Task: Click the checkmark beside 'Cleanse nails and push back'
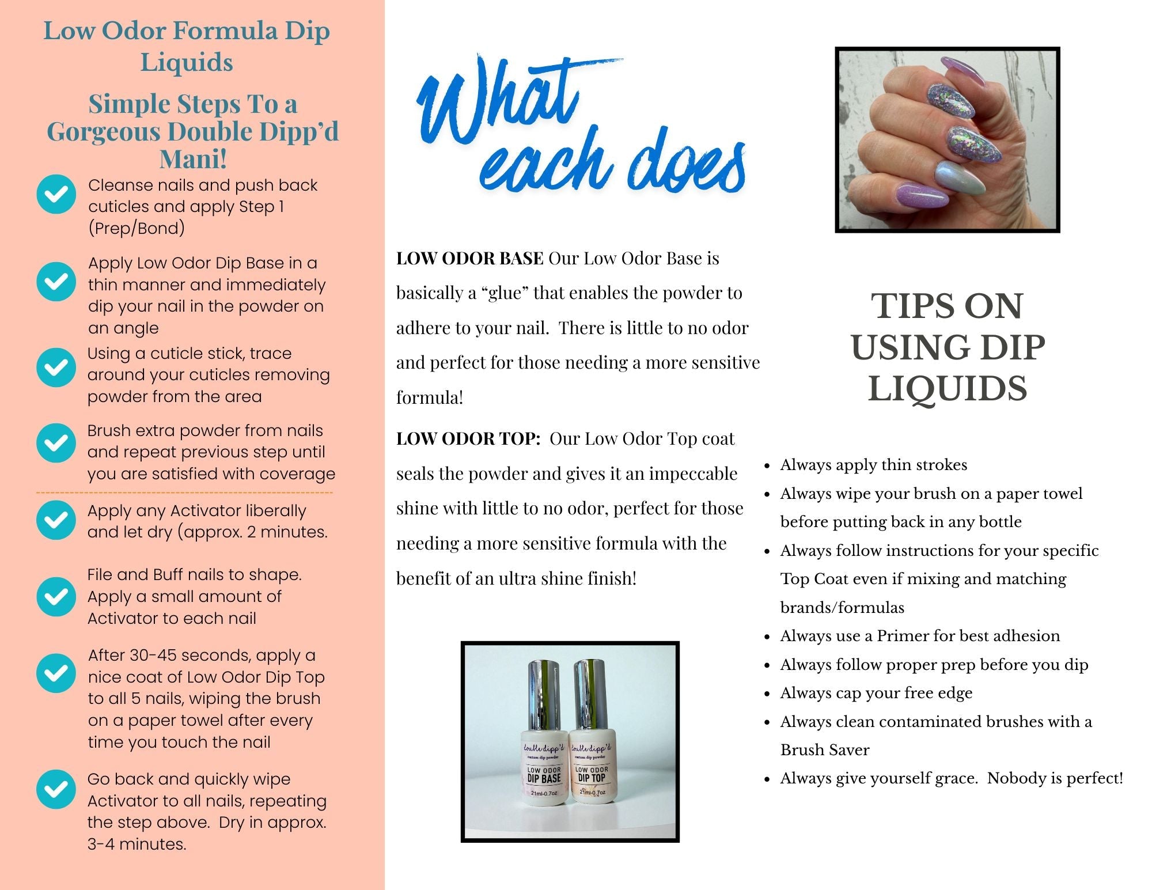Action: tap(56, 194)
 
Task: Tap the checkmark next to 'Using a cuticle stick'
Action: tap(56, 367)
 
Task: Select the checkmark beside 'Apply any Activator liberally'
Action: tap(56, 520)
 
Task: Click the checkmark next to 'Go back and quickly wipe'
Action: tap(56, 789)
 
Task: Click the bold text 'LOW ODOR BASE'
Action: tap(469, 259)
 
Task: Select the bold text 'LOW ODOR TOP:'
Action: tap(468, 439)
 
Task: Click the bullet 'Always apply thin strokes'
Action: tap(873, 465)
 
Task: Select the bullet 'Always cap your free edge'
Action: tap(876, 693)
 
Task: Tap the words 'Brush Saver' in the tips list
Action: tap(825, 750)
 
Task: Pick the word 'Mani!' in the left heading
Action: tap(192, 159)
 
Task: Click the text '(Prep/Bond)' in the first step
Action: tap(137, 229)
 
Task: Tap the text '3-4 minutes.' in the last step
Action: tap(137, 844)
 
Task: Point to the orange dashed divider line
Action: tap(184, 493)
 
